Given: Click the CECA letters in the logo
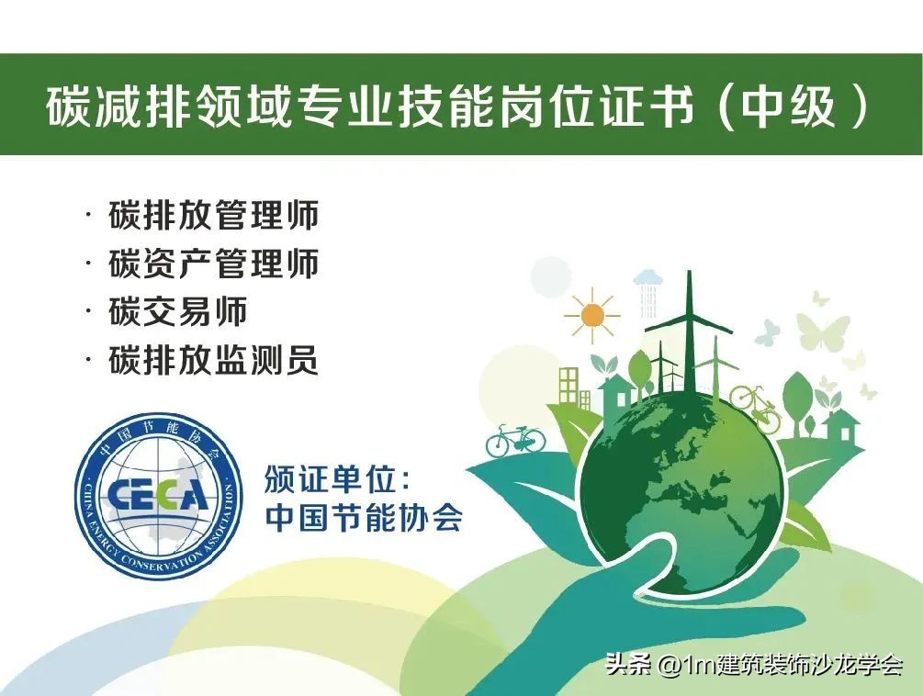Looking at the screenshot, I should tap(158, 495).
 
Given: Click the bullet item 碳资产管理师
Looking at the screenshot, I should tap(213, 264).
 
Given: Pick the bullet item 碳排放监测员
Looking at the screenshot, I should tap(213, 360).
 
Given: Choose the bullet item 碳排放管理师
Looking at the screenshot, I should tap(213, 216).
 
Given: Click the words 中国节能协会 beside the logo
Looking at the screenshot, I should tap(364, 517).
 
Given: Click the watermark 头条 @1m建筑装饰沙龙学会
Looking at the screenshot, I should tap(754, 664).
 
